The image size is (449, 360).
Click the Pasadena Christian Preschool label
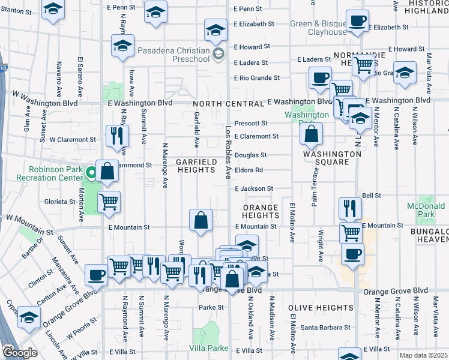172,55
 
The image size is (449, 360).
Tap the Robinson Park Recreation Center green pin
91,174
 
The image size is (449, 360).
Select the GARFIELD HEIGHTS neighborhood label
196,166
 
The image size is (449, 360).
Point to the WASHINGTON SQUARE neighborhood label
332,158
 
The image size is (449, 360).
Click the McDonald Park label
426,210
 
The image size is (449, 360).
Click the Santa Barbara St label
325,328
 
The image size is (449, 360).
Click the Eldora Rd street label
249,170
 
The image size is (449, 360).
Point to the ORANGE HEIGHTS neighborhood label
261,211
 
